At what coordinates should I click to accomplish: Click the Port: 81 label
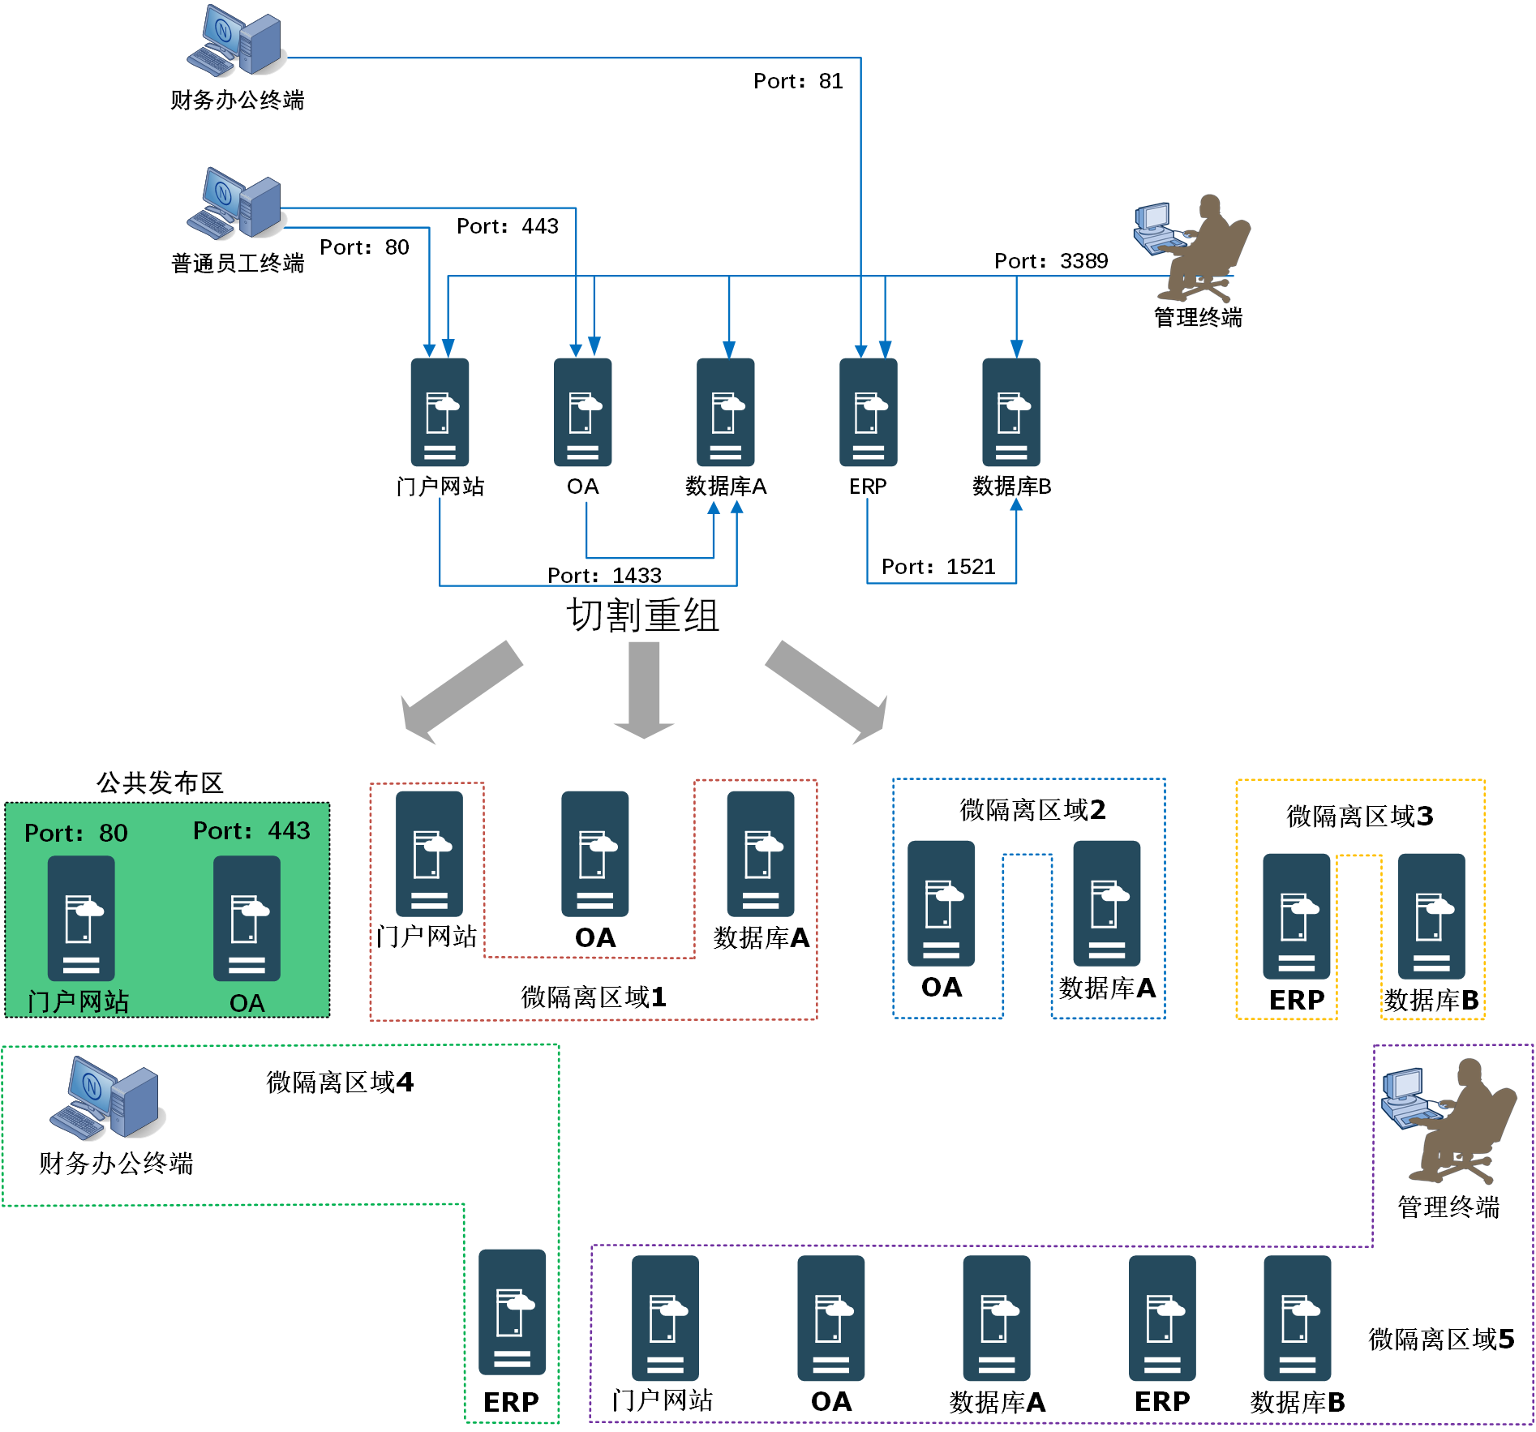pyautogui.click(x=798, y=81)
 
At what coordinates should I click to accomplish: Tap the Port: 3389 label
pyautogui.click(x=1051, y=261)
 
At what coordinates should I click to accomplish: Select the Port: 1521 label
pyautogui.click(x=938, y=567)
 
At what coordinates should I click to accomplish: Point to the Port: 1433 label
pyautogui.click(x=604, y=576)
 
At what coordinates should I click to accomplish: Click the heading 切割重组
pyautogui.click(x=642, y=615)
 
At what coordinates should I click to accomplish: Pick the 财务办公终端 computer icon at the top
pyautogui.click(x=235, y=41)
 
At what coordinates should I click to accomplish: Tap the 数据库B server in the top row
pyautogui.click(x=1011, y=412)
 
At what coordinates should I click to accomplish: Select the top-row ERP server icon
pyautogui.click(x=869, y=412)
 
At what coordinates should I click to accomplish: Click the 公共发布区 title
pyautogui.click(x=160, y=783)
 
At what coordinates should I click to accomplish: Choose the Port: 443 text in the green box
pyautogui.click(x=251, y=831)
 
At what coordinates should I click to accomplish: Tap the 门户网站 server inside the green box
pyautogui.click(x=81, y=918)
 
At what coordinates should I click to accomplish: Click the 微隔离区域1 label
pyautogui.click(x=594, y=997)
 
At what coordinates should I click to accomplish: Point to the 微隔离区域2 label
pyautogui.click(x=1032, y=810)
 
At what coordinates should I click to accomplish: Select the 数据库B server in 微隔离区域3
pyautogui.click(x=1431, y=916)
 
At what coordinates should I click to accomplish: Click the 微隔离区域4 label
pyautogui.click(x=340, y=1083)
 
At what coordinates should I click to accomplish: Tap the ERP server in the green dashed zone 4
pyautogui.click(x=512, y=1312)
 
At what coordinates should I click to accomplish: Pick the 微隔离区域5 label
pyautogui.click(x=1441, y=1340)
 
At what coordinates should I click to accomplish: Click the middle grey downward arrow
pyautogui.click(x=644, y=689)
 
